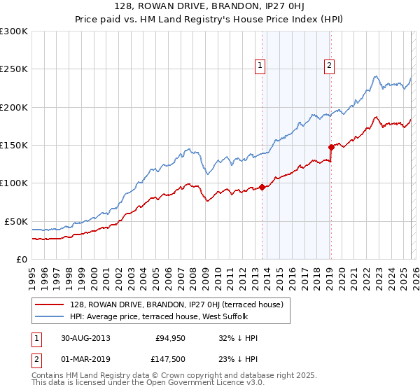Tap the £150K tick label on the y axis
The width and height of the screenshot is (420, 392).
[13, 145]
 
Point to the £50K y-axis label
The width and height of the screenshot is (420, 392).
[15, 221]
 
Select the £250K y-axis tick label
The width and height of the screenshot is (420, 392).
[13, 69]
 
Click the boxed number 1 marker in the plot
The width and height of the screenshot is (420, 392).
[260, 66]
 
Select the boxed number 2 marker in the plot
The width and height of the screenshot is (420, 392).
[328, 66]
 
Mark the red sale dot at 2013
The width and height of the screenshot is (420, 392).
[262, 187]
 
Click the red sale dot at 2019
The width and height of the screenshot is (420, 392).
[331, 147]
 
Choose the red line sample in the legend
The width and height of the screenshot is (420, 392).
[50, 304]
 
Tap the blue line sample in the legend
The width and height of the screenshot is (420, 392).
[50, 316]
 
